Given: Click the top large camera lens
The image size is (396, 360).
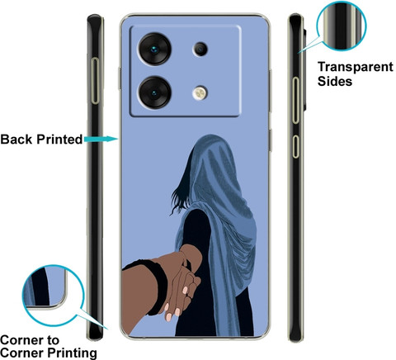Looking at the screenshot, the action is (x=155, y=49).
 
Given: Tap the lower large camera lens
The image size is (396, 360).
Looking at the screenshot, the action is (x=155, y=92).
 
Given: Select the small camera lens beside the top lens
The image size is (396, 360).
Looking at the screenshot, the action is (x=200, y=50).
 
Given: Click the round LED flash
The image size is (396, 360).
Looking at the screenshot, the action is (x=200, y=93).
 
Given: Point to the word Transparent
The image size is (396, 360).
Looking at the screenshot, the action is (x=356, y=67).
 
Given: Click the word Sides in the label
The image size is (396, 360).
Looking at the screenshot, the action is (x=335, y=81).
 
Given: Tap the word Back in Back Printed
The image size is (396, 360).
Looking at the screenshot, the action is (x=16, y=140).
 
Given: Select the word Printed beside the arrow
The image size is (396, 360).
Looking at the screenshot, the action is (x=59, y=140).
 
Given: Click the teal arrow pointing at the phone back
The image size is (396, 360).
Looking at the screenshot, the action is (x=101, y=139).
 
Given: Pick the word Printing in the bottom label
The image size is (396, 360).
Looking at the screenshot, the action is (x=72, y=353).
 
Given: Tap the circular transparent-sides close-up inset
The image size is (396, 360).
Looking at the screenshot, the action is (x=342, y=26).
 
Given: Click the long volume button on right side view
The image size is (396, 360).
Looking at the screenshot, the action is (x=295, y=100).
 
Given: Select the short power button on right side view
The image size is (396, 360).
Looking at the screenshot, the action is (x=295, y=146).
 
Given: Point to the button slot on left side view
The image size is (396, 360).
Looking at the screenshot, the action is (x=95, y=81).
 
